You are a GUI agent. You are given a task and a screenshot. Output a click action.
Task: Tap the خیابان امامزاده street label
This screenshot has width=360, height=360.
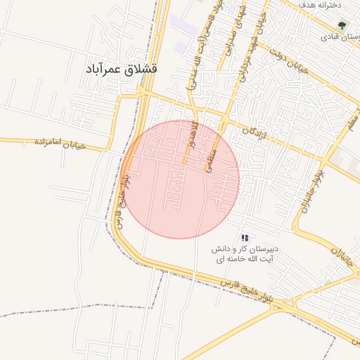pos(59,143)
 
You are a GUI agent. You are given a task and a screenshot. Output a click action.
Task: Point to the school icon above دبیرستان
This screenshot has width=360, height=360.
pos(245,238)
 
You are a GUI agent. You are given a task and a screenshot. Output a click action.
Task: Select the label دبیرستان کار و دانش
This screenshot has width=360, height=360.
pos(247,250)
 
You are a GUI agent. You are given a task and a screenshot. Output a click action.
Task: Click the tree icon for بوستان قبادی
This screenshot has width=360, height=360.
pos(342,25)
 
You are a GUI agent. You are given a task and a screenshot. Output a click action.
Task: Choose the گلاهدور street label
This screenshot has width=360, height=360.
pos(192,137)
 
